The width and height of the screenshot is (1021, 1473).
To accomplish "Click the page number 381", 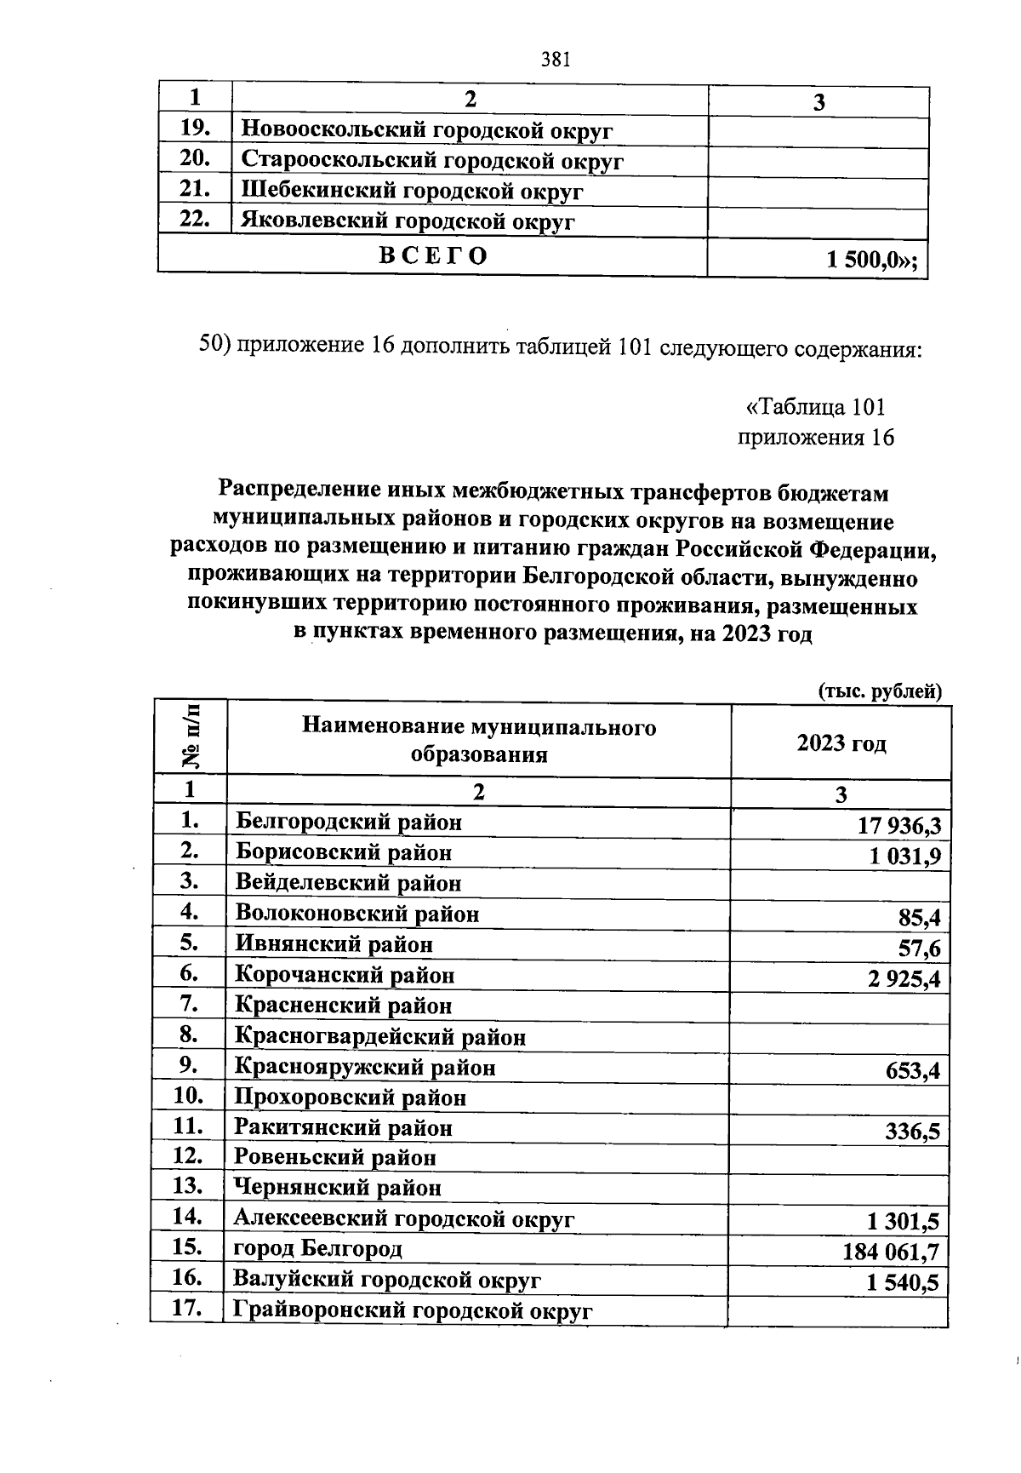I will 555,59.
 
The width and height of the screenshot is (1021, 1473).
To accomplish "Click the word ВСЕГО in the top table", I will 433,255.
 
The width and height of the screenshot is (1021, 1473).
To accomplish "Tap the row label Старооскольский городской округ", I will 432,160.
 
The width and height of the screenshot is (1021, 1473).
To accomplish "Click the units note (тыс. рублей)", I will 880,691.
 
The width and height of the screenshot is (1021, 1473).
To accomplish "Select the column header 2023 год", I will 841,743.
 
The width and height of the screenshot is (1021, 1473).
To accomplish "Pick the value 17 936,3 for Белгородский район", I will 899,825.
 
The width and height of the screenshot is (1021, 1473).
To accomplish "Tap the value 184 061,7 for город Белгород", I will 891,1252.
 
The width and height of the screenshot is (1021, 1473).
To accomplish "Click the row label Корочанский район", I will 345,975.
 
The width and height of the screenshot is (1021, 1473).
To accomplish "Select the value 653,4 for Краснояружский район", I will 912,1070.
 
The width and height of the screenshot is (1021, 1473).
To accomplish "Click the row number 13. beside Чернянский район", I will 187,1185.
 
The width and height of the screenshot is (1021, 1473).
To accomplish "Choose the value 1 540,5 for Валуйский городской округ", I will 902,1282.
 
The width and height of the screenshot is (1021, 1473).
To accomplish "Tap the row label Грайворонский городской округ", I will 413,1310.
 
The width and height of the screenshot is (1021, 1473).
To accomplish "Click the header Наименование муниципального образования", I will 479,741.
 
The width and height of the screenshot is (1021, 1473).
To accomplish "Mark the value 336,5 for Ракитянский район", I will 912,1132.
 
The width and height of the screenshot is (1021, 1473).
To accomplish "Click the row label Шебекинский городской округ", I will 412,192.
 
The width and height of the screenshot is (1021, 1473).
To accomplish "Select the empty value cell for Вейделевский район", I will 839,884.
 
